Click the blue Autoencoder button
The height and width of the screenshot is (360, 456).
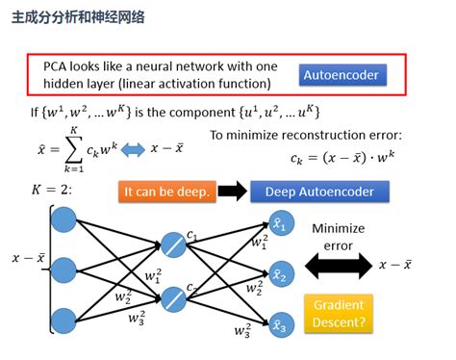coord(342,74)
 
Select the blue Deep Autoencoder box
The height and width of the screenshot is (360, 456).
coord(318,192)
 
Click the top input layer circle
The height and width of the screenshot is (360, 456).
coord(63,219)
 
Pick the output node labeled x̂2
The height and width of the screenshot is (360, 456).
coord(280,274)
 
